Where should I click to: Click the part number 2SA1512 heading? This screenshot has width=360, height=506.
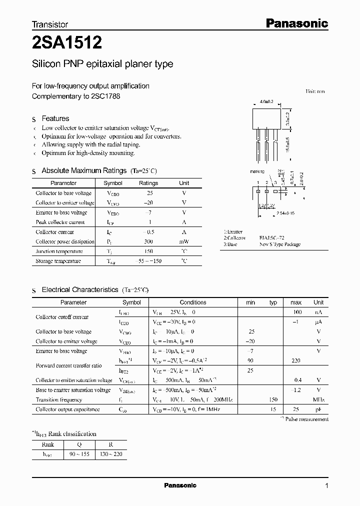[67, 43]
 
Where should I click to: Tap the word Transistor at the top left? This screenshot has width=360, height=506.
[50, 24]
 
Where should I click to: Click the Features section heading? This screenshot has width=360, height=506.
[55, 118]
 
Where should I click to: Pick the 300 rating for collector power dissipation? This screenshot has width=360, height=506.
[148, 241]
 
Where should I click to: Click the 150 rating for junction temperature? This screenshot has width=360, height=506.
[148, 251]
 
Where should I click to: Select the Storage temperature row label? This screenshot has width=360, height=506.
[58, 261]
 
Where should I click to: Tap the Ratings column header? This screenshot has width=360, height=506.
[148, 183]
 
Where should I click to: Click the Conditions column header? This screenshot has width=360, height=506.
[193, 302]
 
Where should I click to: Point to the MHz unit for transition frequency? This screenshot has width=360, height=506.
[318, 399]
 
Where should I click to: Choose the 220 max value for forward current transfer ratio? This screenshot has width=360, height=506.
[296, 360]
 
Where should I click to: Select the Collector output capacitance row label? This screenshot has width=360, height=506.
[67, 409]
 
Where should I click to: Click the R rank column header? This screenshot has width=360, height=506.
[110, 444]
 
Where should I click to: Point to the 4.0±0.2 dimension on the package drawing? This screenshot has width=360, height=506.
[266, 101]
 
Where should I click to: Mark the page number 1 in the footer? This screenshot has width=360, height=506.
[326, 486]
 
